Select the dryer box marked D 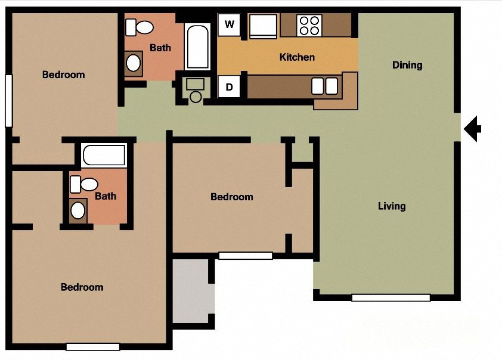point(230,86)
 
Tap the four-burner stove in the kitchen point(309,26)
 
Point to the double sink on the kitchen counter point(325,86)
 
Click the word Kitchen point(297,57)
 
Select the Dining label point(407,65)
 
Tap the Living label point(392,206)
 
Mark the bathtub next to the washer point(197,46)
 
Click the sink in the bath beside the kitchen point(134,62)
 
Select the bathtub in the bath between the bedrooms point(104,156)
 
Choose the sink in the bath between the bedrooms point(78,210)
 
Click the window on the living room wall point(391,297)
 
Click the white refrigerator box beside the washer point(262,26)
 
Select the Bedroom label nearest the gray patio point(232,197)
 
